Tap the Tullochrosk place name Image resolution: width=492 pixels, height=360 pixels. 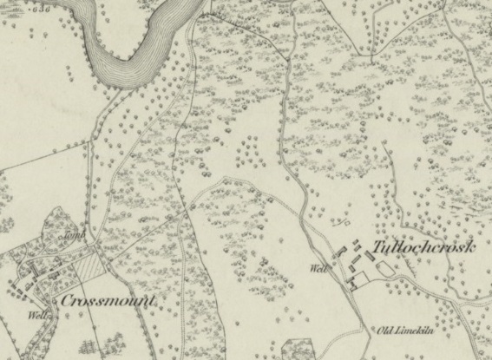pyautogui.click(x=423, y=248)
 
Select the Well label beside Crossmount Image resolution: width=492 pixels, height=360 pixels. pyautogui.click(x=37, y=314)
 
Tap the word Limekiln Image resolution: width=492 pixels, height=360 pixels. pyautogui.click(x=419, y=331)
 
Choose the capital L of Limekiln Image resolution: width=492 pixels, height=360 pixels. pyautogui.click(x=403, y=331)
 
